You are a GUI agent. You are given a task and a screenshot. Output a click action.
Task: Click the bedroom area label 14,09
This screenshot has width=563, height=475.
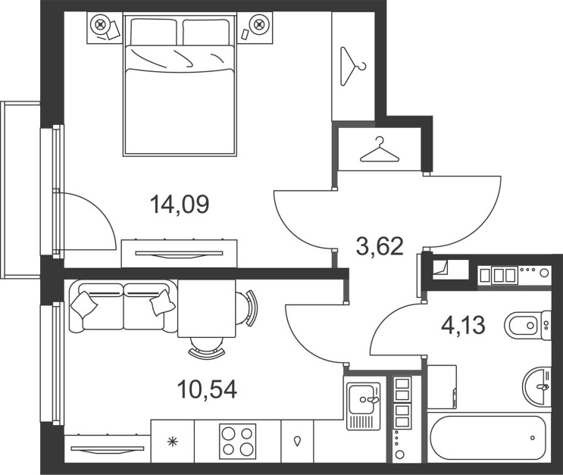(x=179, y=205)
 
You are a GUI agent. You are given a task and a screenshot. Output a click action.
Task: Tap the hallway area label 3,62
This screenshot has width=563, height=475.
(x=380, y=247)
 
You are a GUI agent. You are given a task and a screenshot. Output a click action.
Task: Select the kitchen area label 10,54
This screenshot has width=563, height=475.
(x=207, y=389)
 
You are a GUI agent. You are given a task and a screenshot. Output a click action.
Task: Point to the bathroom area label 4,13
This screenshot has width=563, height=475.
(x=463, y=325)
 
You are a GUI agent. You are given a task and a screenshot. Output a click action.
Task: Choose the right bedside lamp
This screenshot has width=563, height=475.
(x=258, y=24)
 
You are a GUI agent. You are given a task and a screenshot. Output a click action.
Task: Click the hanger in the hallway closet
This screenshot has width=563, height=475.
(x=380, y=150)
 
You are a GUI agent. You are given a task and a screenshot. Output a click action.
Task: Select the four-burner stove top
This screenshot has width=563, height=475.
(x=238, y=441)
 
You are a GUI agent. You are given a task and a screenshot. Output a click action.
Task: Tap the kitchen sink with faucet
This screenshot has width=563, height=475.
(x=364, y=406)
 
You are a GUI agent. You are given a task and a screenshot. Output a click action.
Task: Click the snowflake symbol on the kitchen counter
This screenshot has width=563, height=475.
(x=173, y=441)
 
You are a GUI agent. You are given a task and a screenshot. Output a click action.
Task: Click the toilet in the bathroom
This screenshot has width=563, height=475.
(x=527, y=325)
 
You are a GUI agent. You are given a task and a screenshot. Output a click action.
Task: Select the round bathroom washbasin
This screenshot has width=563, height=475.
(x=536, y=386)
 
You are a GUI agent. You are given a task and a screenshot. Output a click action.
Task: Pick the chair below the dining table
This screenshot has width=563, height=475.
(x=207, y=348)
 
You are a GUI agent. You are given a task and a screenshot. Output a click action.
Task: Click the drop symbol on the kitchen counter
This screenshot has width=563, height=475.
(x=297, y=441)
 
